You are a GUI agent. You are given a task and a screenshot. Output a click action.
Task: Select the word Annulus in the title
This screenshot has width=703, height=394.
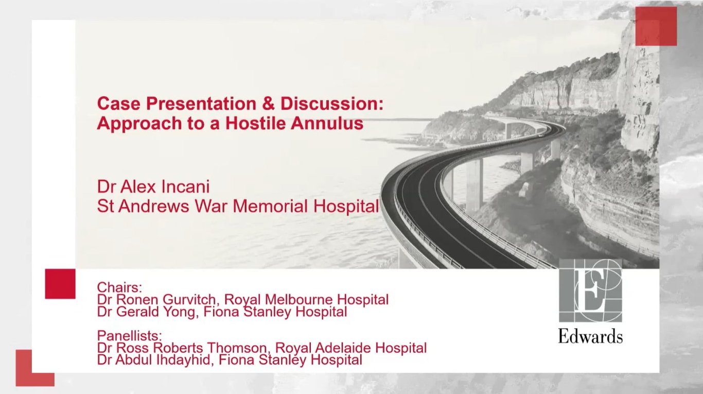coord(327,123)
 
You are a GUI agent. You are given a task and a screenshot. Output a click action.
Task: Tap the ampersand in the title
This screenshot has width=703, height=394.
coord(268,104)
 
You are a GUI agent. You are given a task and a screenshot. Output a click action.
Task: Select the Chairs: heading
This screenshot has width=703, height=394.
coord(119,287)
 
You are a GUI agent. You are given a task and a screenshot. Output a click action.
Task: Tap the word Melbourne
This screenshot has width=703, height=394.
coord(299,299)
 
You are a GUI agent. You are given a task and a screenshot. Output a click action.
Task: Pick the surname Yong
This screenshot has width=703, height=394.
coord(182,312)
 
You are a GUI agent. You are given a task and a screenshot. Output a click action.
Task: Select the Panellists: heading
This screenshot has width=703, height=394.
coord(129,336)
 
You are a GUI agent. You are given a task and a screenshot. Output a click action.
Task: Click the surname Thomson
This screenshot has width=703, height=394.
coord(238,348)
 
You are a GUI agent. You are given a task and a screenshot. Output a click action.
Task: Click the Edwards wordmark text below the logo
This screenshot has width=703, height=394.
coord(590,336)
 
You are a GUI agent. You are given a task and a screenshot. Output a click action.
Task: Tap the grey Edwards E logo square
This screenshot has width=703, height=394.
coord(590,290)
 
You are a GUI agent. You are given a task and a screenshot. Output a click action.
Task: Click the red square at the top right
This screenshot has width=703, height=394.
coord(656,26)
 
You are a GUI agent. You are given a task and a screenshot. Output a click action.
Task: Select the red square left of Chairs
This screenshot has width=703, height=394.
coord(60,284)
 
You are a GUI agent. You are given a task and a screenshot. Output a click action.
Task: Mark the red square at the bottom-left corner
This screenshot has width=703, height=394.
coord(35,368)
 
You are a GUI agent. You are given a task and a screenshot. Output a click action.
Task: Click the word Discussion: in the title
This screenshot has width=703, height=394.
coord(332,104)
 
